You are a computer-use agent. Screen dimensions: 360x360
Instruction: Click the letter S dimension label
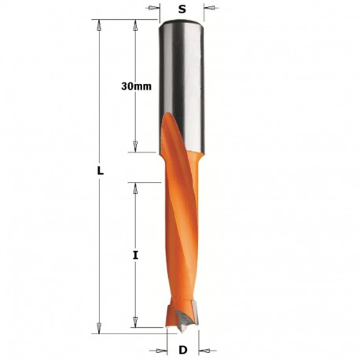(182, 10)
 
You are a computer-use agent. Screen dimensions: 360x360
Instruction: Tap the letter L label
(100, 171)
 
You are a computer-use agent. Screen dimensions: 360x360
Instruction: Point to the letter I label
(135, 255)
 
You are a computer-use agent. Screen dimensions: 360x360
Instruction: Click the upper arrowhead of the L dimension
(100, 25)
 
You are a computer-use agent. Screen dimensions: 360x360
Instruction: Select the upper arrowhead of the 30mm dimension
(135, 25)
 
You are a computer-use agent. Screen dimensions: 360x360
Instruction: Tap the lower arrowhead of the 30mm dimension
(135, 146)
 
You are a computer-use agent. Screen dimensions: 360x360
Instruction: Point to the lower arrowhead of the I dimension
(135, 322)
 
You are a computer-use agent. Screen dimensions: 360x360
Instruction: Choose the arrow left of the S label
(155, 10)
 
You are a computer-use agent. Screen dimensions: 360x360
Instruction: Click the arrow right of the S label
(209, 10)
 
